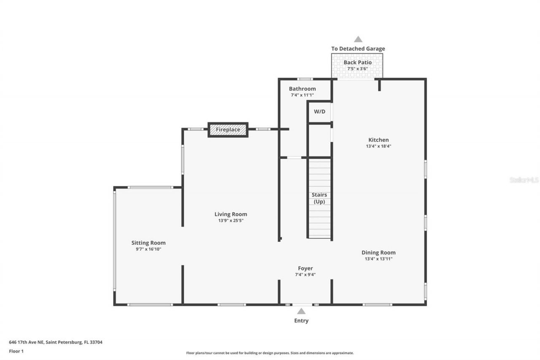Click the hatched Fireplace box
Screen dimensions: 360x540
[228, 130]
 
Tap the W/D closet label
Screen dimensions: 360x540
[319, 111]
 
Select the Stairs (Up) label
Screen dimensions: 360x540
[319, 198]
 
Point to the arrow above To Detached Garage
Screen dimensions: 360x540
[358, 39]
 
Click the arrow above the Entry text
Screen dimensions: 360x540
[301, 311]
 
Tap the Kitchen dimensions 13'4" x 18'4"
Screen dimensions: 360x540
[378, 146]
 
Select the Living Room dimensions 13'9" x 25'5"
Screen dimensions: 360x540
[230, 220]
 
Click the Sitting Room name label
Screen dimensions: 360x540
[148, 243]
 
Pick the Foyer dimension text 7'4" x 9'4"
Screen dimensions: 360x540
[305, 275]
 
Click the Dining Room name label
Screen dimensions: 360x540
[378, 252]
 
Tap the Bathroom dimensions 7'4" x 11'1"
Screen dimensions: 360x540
[302, 95]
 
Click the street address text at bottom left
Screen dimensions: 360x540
[56, 342]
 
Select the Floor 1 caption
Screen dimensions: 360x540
[16, 351]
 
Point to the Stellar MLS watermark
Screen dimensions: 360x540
[524, 180]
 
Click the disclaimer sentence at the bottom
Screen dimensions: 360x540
[270, 353]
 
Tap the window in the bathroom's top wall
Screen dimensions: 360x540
[305, 79]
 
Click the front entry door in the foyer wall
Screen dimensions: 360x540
[302, 304]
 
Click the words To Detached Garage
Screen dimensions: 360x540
[358, 49]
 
